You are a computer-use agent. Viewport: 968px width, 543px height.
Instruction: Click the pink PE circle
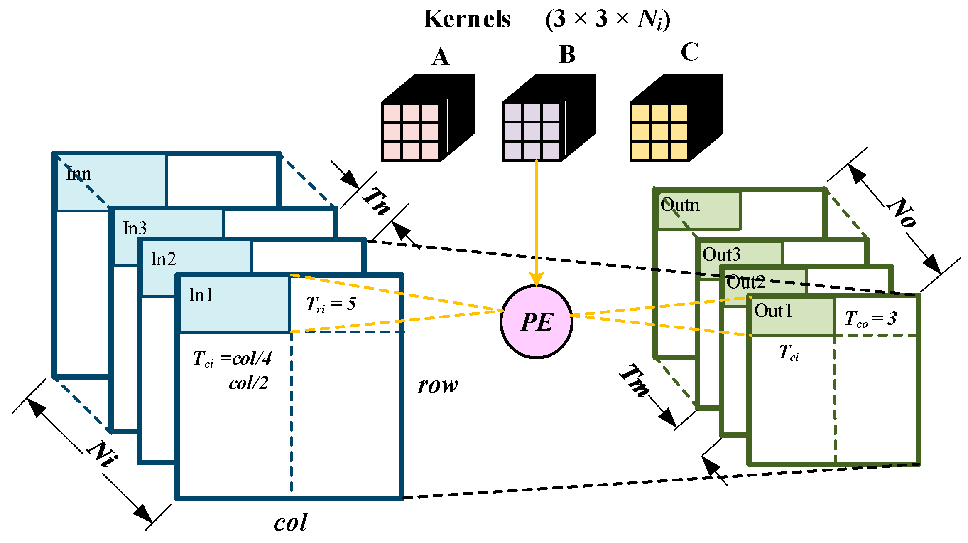536,322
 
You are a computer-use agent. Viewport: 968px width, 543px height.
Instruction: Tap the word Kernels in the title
467,19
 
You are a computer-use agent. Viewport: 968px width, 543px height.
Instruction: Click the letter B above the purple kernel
567,54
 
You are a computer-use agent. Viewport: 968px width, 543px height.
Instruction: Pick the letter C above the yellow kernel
689,52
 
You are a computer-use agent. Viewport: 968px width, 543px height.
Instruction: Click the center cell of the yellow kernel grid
660,132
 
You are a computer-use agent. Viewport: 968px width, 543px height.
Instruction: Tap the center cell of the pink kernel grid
411,132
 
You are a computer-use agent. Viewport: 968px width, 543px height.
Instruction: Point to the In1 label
201,295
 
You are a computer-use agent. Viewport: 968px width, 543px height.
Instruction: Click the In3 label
135,228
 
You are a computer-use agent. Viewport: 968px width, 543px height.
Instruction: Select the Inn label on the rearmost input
78,173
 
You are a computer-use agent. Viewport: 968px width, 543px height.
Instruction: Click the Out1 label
773,311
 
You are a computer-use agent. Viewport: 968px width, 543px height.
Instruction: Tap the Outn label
680,205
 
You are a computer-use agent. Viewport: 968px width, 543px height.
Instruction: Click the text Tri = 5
331,304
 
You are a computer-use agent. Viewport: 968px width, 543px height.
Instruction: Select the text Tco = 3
870,319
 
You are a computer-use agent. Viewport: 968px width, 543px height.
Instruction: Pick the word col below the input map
290,523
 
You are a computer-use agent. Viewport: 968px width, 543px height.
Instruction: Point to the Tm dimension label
635,380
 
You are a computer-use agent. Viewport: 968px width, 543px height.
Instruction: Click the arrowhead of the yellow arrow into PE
536,279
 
